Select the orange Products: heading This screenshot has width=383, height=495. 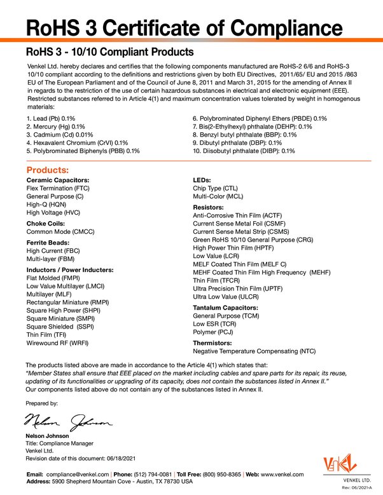click(47, 170)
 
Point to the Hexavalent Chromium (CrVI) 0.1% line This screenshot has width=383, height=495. click(77, 143)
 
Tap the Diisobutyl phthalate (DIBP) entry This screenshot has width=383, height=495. click(244, 151)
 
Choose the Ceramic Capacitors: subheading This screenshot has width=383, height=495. click(58, 180)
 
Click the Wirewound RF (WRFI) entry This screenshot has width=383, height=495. click(57, 342)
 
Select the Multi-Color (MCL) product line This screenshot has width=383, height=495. click(218, 197)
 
